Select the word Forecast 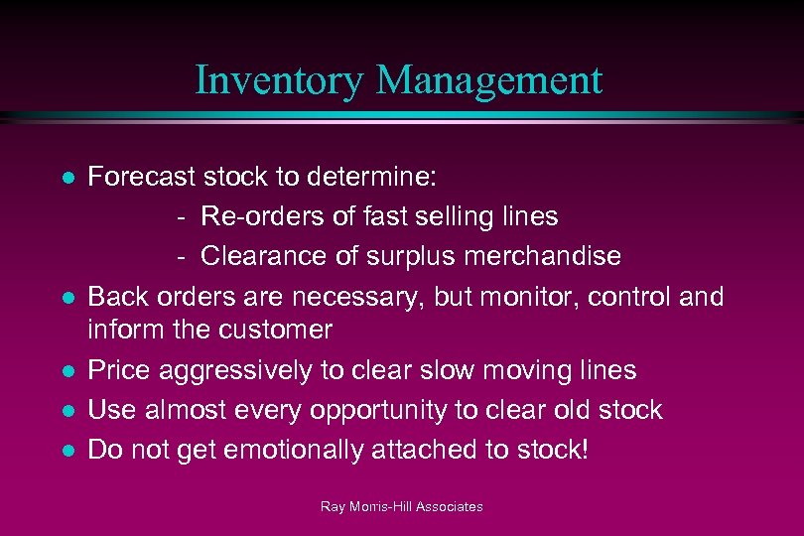pos(141,178)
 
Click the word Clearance pos(261,256)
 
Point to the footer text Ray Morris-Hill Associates pos(401,507)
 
